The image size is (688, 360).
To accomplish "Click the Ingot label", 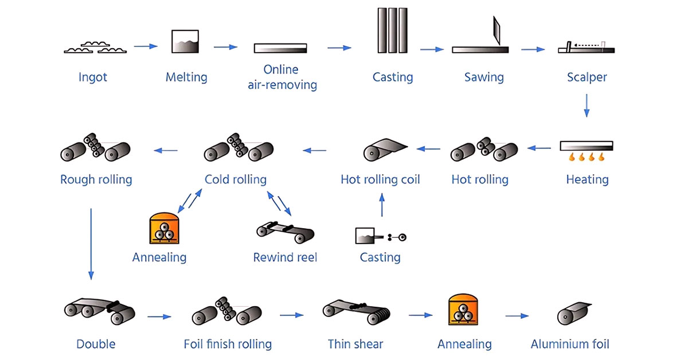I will (x=93, y=77).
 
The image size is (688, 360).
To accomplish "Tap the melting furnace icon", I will (x=185, y=42).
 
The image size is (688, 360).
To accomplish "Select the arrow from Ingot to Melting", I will (x=146, y=46).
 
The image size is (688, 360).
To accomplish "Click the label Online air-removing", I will (x=282, y=77).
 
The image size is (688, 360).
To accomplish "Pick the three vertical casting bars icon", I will (x=392, y=30).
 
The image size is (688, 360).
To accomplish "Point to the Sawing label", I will (x=484, y=77).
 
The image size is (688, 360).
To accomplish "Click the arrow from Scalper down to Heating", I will (x=587, y=105).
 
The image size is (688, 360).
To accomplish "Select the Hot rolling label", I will (x=480, y=179).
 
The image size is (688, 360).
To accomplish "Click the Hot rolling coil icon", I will (x=383, y=149).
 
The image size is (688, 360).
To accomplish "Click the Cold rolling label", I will (x=236, y=179).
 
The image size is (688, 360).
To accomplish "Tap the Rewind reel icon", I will (x=285, y=230).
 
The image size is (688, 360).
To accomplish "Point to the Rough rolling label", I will (x=96, y=179).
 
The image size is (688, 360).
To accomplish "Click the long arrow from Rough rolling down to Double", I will (x=91, y=244).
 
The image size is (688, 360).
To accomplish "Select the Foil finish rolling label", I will (x=228, y=345).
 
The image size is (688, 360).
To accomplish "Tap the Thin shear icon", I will (x=355, y=311).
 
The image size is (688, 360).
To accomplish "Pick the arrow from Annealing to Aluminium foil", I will (x=517, y=315).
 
